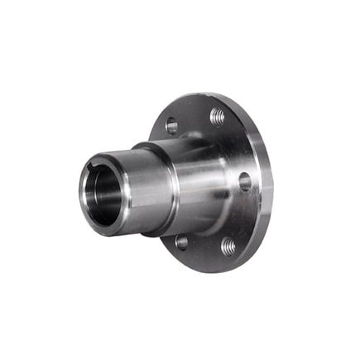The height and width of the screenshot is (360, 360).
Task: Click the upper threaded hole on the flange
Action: (218, 117)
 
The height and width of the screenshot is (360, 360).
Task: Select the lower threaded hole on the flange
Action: (228, 246)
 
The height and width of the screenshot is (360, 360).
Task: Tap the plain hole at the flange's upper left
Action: (171, 126)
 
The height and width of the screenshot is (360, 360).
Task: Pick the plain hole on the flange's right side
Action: (245, 181)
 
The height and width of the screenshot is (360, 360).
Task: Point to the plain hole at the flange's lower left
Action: (181, 242)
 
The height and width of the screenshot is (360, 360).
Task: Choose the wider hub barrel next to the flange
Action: (203, 178)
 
